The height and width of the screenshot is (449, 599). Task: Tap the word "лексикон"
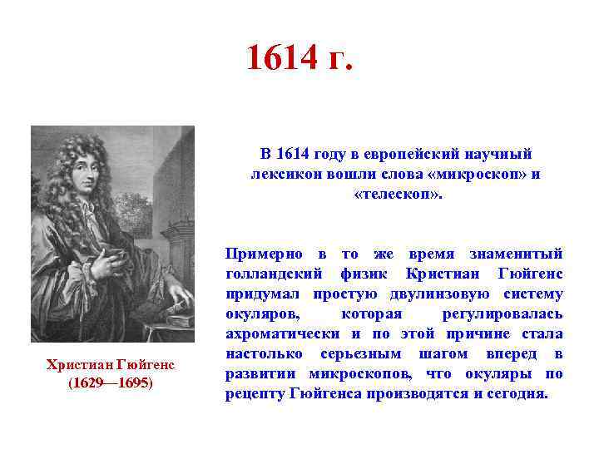click(x=283, y=174)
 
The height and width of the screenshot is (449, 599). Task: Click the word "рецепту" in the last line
click(x=255, y=393)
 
